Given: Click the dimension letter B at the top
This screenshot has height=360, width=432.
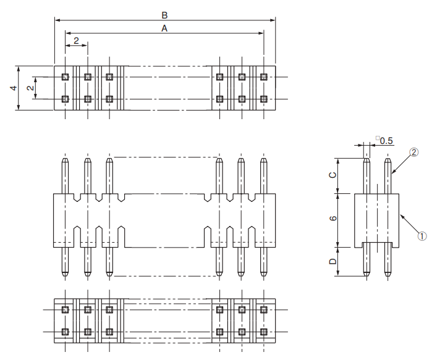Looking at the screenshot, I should click(x=164, y=14).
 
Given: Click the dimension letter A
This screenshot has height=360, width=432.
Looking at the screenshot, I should click(x=164, y=28).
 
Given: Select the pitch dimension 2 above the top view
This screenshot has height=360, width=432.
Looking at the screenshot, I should click(x=76, y=40).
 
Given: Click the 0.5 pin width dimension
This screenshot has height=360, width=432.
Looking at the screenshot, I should click(x=387, y=140).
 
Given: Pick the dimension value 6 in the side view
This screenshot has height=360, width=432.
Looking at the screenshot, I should click(x=333, y=219).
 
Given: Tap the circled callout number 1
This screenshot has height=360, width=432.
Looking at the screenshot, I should click(x=422, y=235).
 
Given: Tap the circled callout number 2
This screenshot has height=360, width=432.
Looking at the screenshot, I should click(x=414, y=152).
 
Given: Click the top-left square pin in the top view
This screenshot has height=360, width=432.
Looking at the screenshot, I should click(x=66, y=77).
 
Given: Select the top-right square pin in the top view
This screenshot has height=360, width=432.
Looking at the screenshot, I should click(x=264, y=77).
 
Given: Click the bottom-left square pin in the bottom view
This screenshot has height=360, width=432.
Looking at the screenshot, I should click(x=66, y=332).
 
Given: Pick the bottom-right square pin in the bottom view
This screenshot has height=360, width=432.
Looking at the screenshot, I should click(x=264, y=332).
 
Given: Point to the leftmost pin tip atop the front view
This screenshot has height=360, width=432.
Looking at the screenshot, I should click(x=66, y=161).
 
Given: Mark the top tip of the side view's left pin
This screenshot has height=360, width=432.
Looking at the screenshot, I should click(x=366, y=160).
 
